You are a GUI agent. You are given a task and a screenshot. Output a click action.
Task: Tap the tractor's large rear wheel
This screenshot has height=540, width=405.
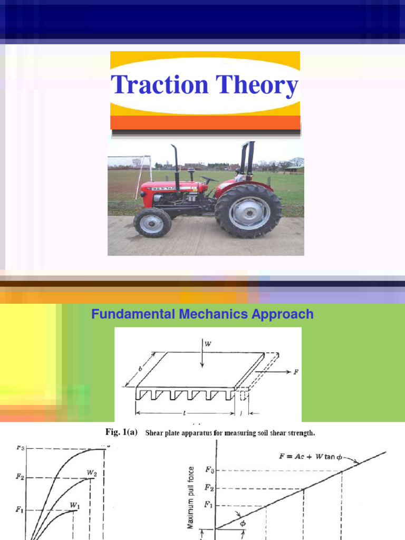[x=248, y=210]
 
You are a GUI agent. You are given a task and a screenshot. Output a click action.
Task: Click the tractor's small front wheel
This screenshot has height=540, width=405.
[x=152, y=223]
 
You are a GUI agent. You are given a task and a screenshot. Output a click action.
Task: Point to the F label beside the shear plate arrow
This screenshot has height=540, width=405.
[x=296, y=372]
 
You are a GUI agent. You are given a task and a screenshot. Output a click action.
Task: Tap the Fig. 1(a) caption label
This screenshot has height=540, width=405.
[x=121, y=432]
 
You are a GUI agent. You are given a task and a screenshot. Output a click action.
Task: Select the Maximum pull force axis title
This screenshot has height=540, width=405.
[x=191, y=497]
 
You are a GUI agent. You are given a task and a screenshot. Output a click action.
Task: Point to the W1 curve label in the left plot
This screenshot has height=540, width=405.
[x=75, y=505]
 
